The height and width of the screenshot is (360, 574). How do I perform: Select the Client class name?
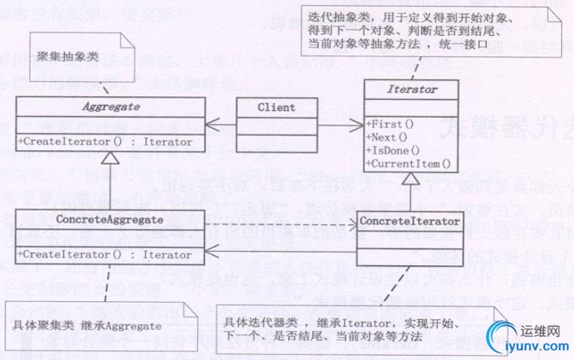[x=275, y=107]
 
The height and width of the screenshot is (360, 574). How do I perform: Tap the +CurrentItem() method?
[x=408, y=162]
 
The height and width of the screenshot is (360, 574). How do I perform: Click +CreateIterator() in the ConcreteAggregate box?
[x=104, y=253]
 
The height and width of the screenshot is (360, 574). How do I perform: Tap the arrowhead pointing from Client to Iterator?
[x=358, y=125]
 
